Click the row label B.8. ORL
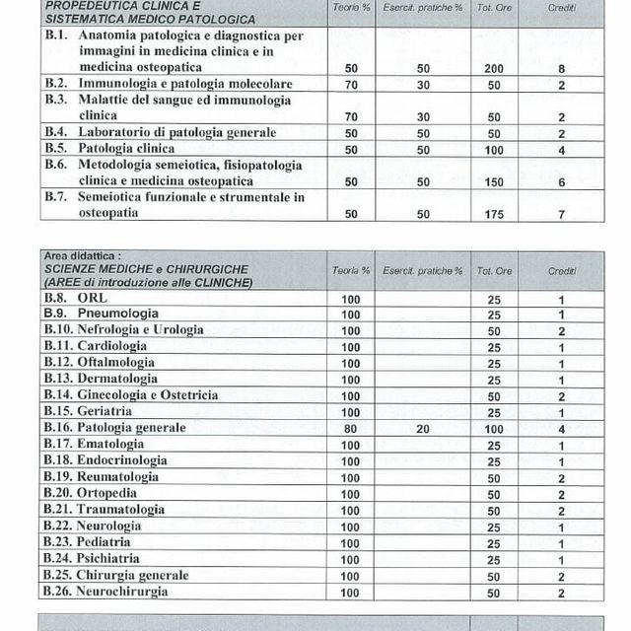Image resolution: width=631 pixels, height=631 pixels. click(x=75, y=298)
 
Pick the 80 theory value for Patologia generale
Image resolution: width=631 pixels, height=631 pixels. click(x=350, y=428)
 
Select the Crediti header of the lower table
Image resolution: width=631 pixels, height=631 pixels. click(x=561, y=270)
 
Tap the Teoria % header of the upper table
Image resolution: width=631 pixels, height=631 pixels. click(x=351, y=8)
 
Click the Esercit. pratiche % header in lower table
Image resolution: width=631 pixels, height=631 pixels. click(x=423, y=270)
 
